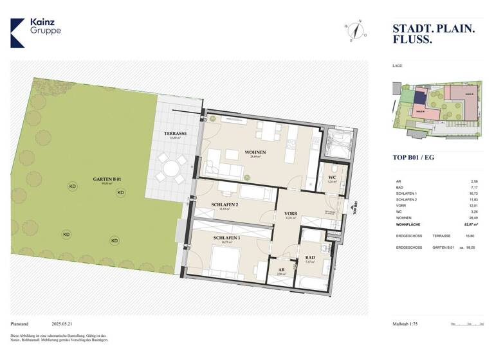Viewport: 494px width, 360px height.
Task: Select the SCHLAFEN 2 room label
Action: pos(224,205)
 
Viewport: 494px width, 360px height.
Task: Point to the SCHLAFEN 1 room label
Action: pos(226,239)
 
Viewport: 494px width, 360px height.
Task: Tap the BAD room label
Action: pos(310,258)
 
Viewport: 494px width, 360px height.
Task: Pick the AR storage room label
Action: pos(281,270)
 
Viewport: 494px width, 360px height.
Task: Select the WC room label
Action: pos(333,177)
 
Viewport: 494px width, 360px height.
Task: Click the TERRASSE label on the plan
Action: pos(174,134)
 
